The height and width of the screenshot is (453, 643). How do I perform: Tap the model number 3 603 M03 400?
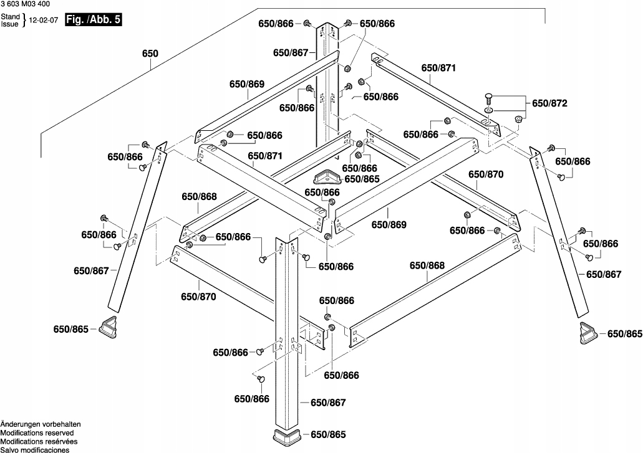coord(26,5)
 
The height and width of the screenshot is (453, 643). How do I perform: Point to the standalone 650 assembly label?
coord(150,54)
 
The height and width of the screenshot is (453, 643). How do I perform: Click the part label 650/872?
coord(549,103)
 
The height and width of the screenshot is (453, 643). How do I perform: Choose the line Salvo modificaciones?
coord(34,449)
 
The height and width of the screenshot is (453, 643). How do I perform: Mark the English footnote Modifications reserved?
coord(37,432)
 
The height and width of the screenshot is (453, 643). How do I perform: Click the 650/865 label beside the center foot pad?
coord(362,179)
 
